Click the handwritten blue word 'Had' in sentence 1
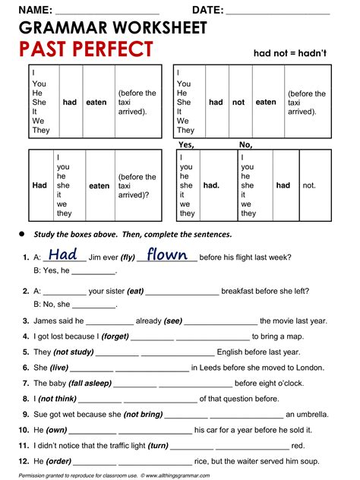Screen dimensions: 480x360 63,255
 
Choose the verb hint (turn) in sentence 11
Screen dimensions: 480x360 158,446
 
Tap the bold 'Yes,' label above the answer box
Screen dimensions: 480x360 186,144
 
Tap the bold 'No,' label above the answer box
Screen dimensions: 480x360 245,144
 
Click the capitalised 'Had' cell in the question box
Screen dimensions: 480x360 39,185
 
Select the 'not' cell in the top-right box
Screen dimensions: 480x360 238,102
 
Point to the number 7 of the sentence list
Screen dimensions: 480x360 26,384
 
